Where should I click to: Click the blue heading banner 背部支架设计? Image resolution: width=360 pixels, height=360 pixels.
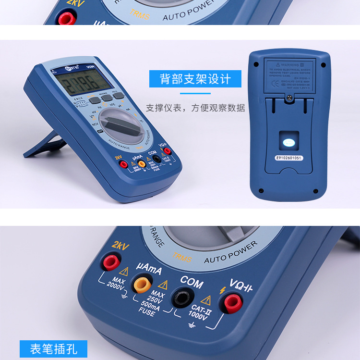pyautogui.click(x=195, y=79)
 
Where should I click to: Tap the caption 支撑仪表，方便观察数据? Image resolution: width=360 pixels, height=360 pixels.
pyautogui.click(x=195, y=108)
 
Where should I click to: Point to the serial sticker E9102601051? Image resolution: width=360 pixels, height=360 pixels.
pyautogui.click(x=289, y=157)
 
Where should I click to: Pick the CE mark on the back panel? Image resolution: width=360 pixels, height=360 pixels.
pyautogui.click(x=275, y=82)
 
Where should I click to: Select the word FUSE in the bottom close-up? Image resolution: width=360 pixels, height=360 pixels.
pyautogui.click(x=147, y=312)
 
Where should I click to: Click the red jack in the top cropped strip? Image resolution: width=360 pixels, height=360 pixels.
pyautogui.click(x=65, y=18)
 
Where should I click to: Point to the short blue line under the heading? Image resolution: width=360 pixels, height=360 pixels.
pyautogui.click(x=195, y=93)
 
